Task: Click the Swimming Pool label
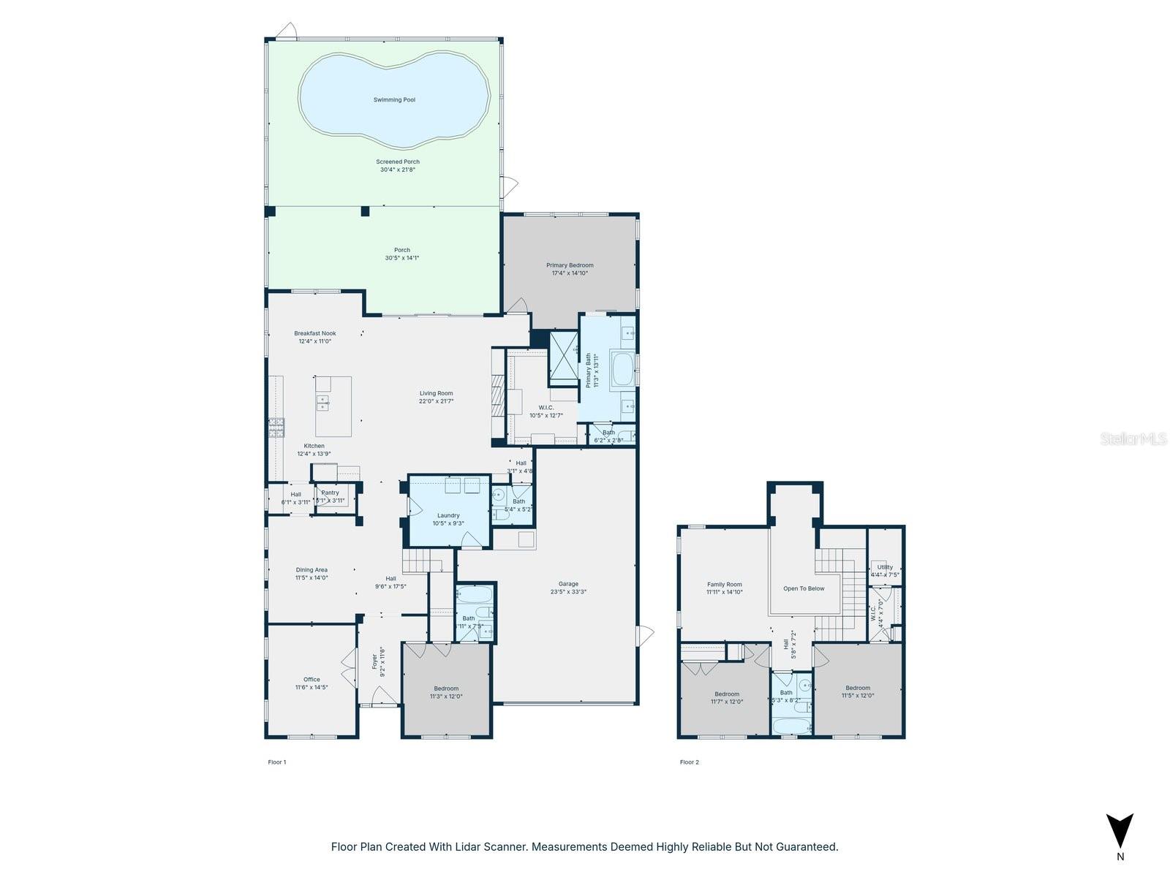394,99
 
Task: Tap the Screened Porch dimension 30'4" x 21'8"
398,170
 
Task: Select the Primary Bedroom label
570,265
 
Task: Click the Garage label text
568,584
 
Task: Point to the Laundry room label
448,515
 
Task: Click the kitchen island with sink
333,406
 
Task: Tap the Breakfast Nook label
315,333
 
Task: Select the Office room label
312,679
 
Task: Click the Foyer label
374,661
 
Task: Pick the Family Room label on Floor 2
724,584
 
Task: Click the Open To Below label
804,588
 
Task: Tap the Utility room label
885,567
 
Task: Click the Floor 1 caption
277,762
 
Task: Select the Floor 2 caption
689,762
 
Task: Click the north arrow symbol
1120,832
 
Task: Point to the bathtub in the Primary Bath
623,370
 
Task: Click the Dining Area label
312,570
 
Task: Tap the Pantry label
330,493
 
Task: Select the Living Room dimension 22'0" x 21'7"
436,401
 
